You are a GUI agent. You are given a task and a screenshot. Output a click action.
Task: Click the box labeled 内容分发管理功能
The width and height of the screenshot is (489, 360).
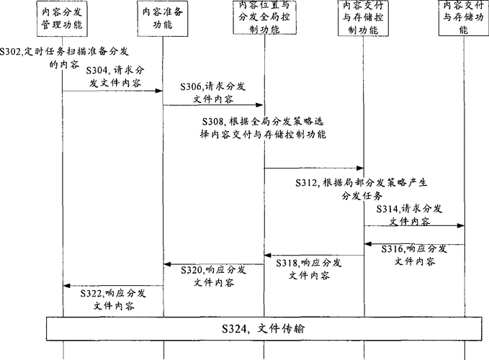coord(62,19)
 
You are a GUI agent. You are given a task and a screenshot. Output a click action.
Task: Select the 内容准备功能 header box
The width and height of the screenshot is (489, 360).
coord(163,19)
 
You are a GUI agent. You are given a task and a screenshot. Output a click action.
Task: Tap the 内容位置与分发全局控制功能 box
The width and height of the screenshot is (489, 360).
coord(264,17)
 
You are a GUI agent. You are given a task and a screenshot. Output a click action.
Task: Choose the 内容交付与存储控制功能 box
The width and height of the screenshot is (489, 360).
coord(363,18)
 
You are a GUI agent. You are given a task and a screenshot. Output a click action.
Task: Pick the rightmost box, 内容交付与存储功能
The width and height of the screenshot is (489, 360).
coord(463,18)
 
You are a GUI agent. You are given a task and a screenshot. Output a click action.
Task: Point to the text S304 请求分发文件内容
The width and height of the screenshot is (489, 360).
coord(115,76)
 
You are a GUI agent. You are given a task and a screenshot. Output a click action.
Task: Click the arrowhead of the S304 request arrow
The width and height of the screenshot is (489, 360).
coord(159,91)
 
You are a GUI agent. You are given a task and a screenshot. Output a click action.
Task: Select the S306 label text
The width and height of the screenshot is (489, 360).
coord(213,93)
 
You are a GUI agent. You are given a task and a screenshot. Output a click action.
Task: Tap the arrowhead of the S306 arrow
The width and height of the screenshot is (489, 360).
coord(260,104)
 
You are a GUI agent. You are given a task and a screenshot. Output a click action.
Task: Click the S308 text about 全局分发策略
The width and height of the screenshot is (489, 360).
coord(263,127)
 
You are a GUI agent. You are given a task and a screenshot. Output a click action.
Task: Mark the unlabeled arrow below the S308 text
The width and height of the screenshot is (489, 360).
coord(314,168)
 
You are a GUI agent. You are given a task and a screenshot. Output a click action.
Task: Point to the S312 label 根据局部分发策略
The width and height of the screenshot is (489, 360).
coord(362,189)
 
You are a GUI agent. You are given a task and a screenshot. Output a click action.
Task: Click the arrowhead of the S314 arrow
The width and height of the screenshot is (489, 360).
coord(461,225)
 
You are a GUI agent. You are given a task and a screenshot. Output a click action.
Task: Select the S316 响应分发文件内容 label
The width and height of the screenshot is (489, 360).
coord(415,255)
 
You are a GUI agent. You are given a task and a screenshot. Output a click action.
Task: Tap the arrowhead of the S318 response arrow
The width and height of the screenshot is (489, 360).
coord(268,256)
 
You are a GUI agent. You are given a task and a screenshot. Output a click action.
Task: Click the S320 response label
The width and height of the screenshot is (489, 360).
coord(214,276)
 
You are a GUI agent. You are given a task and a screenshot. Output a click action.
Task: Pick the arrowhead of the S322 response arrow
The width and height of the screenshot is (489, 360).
coord(67,286)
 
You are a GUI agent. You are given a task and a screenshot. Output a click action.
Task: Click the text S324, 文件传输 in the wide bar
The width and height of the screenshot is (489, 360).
coord(263,328)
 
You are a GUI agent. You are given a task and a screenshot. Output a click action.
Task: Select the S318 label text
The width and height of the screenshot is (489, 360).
coord(309,269)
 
